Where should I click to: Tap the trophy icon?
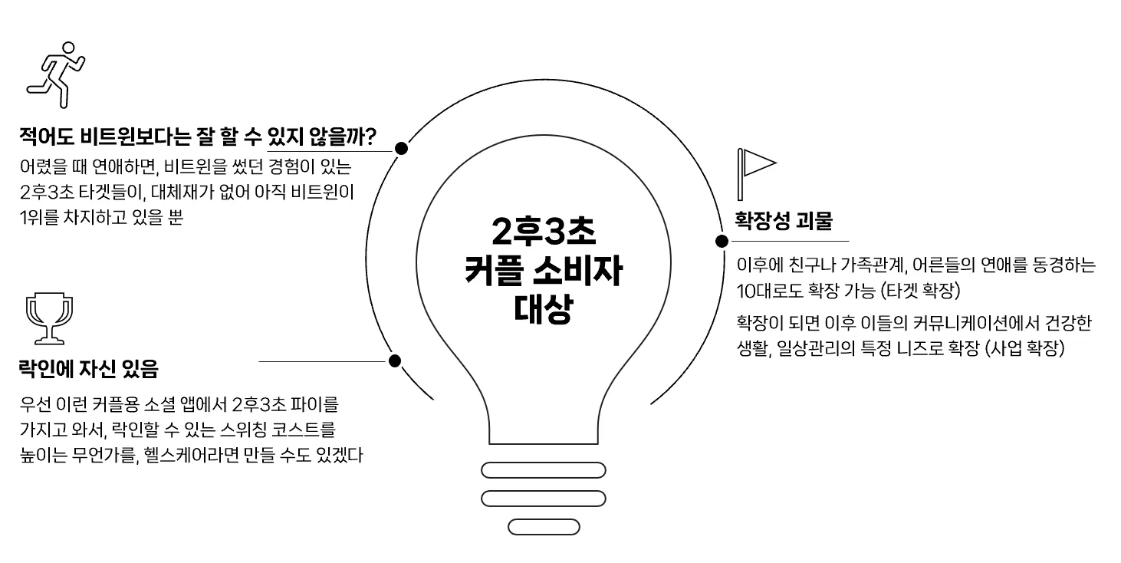tap(50, 318)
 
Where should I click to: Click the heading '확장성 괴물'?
tap(783, 221)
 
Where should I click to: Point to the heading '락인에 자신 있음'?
tap(88, 370)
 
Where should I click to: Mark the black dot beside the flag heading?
tap(722, 241)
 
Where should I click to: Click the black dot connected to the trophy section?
tap(395, 361)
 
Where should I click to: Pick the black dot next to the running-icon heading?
tap(400, 148)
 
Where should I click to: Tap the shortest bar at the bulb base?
tap(543, 527)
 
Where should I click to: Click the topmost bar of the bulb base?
tap(543, 470)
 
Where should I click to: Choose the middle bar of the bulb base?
tap(543, 499)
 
